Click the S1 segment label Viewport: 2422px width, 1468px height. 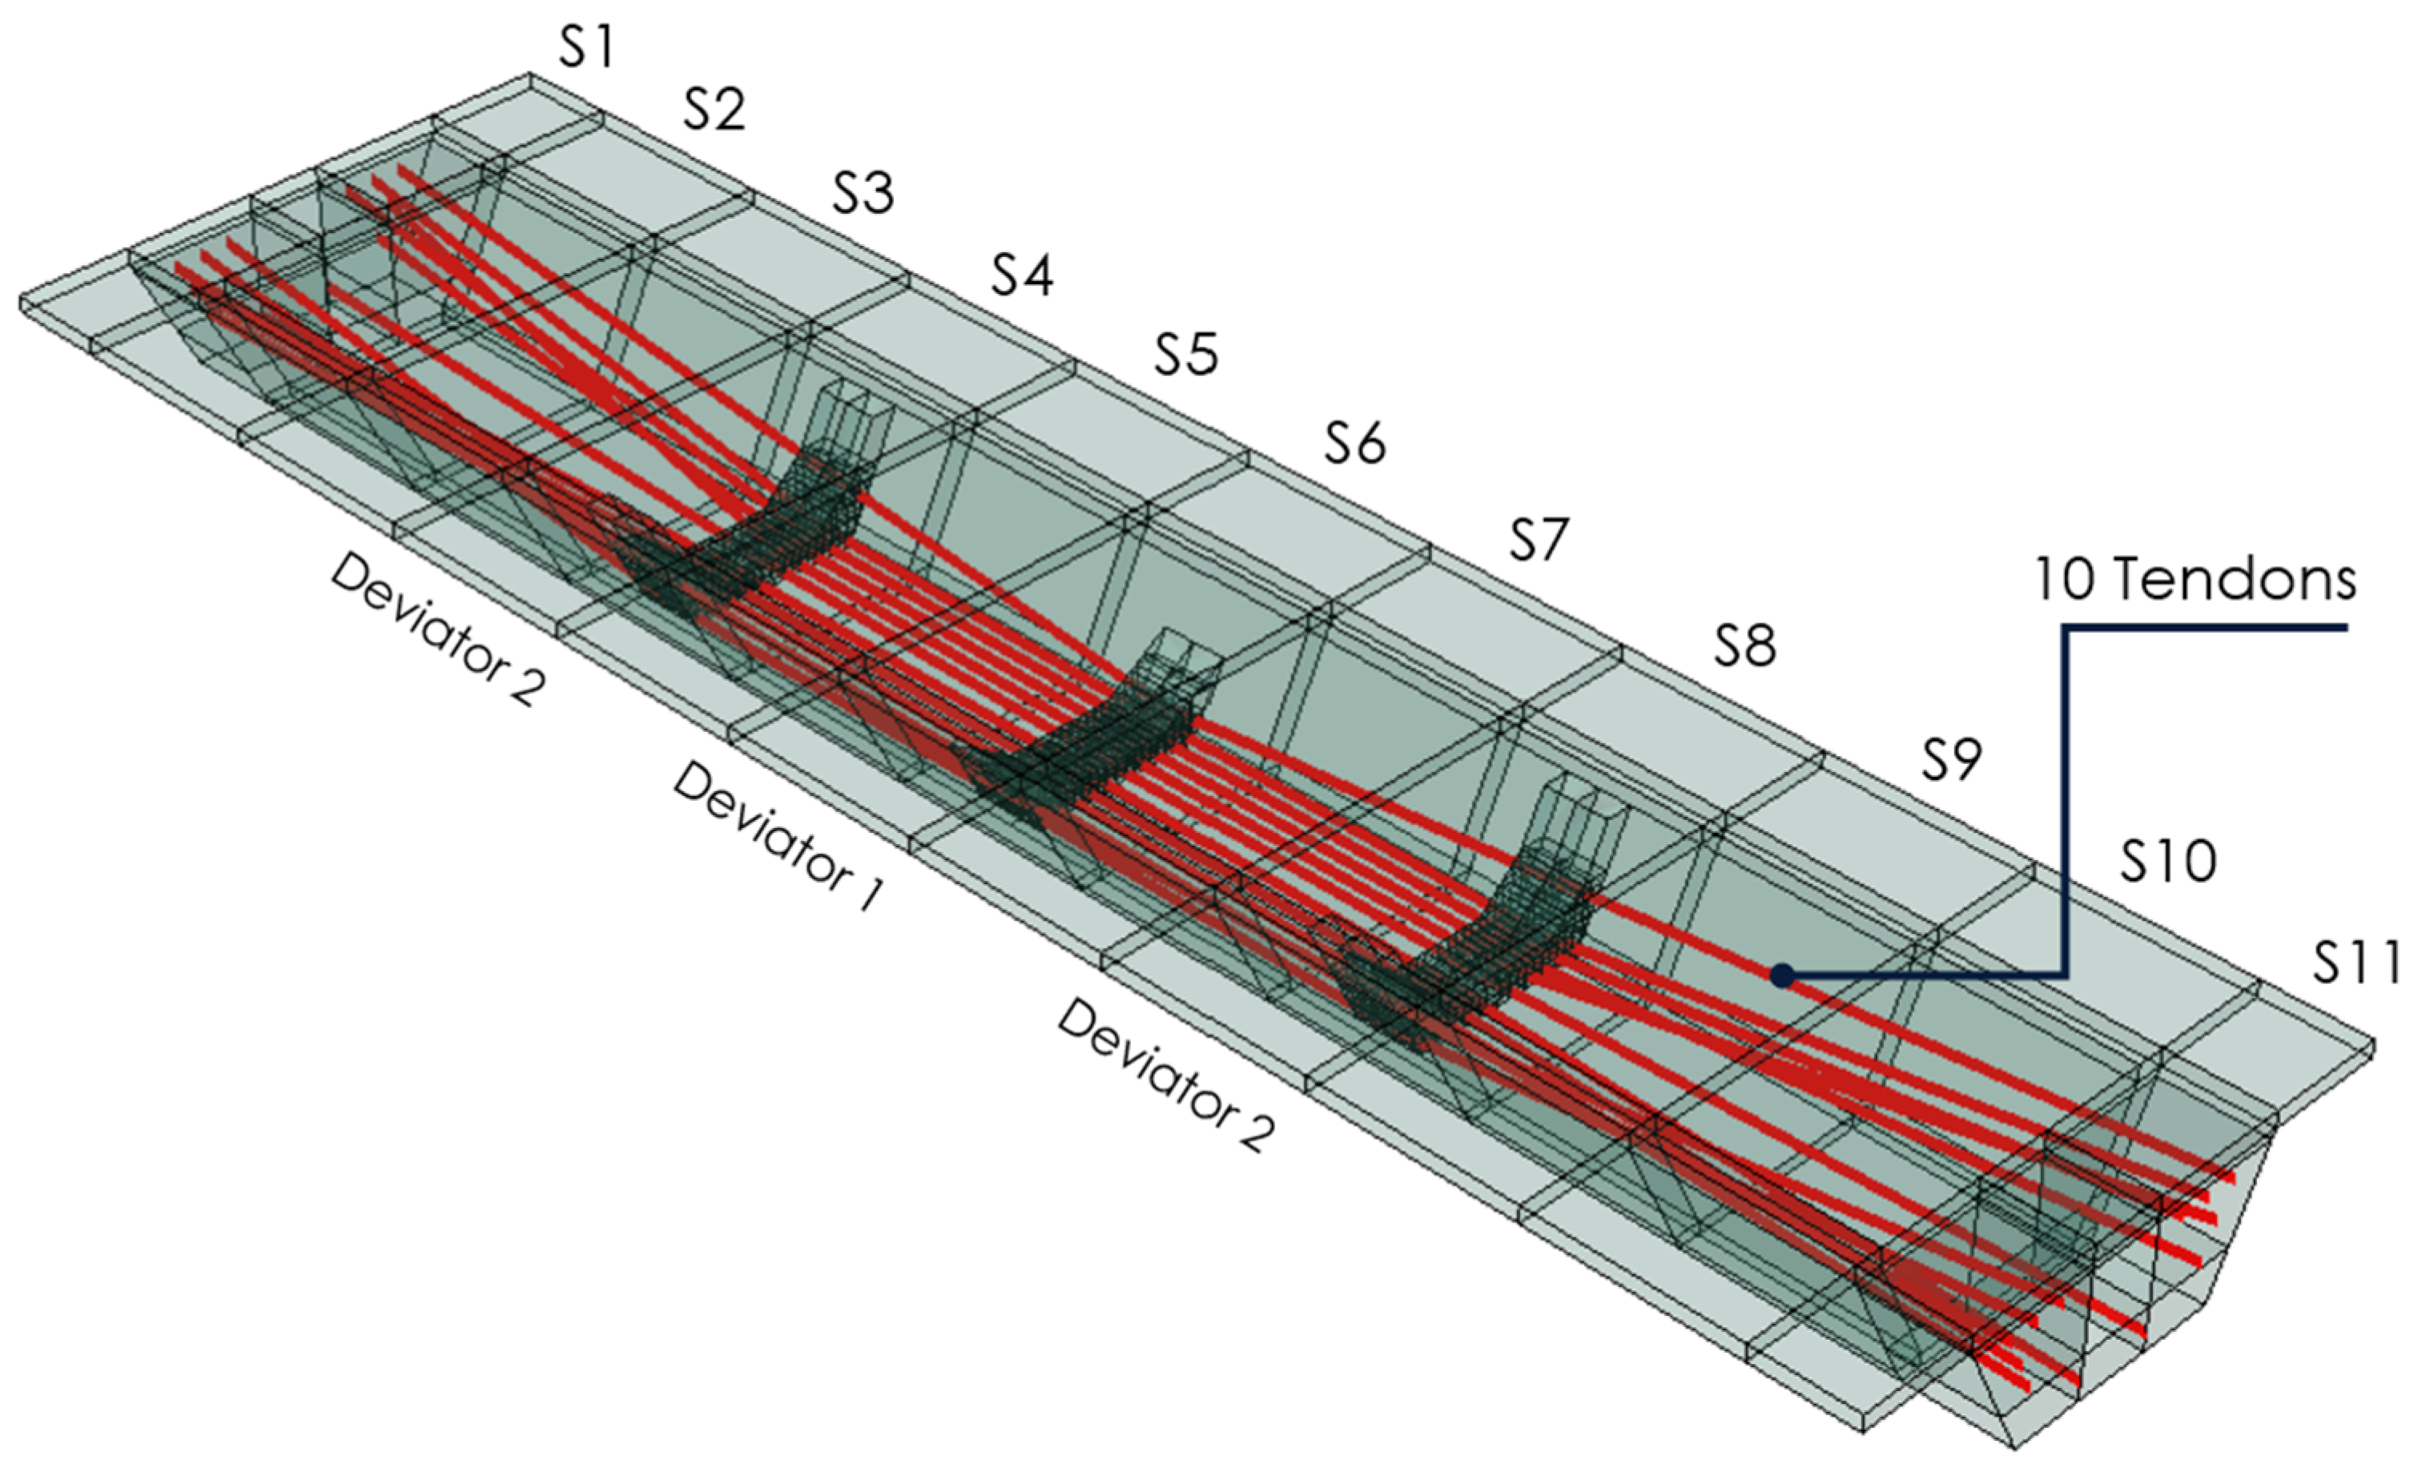coord(587,47)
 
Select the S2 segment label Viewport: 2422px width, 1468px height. coord(714,109)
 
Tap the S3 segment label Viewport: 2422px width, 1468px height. coord(863,191)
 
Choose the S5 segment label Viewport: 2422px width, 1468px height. coord(1185,354)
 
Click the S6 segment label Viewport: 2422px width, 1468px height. coord(1354,442)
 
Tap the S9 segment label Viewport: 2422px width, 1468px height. coord(1951,759)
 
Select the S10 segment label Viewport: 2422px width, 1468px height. coord(2167,862)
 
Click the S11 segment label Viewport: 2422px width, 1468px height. coord(2356,962)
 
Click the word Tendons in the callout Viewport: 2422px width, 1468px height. coord(2235,580)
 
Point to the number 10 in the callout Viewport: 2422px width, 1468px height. coord(2063,580)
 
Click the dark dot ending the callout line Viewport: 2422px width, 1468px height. coord(1782,975)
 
